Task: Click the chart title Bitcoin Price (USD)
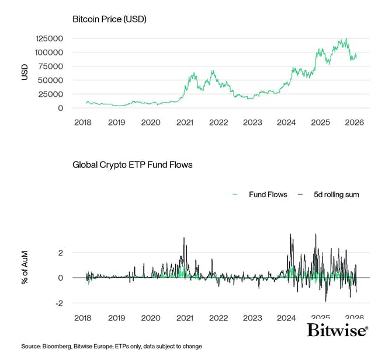point(109,19)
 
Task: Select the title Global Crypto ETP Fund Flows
point(132,165)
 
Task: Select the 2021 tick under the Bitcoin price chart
point(185,123)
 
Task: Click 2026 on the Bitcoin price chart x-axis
point(354,123)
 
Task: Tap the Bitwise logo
point(337,331)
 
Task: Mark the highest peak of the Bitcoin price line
point(346,39)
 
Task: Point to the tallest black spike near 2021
point(184,238)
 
